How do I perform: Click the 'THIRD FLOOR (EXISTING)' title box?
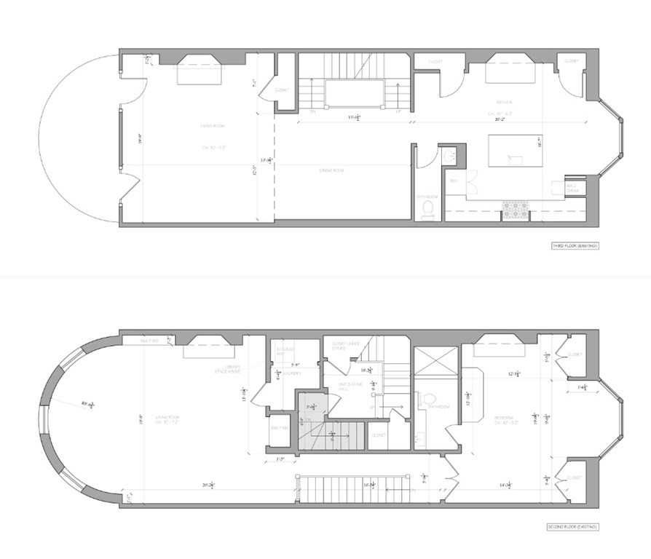pyautogui.click(x=575, y=247)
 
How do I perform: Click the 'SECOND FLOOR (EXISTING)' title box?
pyautogui.click(x=572, y=526)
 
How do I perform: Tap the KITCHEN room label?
pyautogui.click(x=505, y=102)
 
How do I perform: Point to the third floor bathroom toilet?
pyautogui.click(x=429, y=210)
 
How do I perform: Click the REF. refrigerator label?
pyautogui.click(x=454, y=180)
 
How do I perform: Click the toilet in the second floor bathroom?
pyautogui.click(x=427, y=400)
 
